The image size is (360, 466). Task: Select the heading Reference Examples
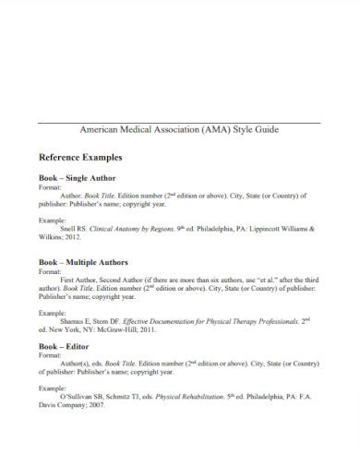point(81,158)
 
